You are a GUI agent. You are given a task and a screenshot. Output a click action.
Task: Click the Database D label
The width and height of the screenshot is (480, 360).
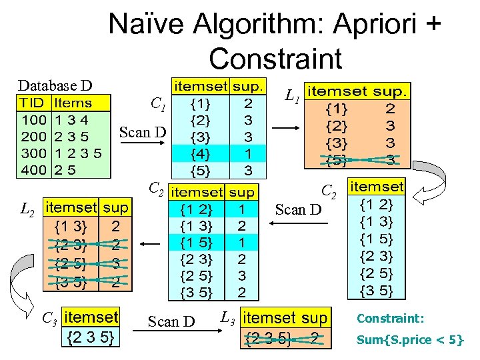55,85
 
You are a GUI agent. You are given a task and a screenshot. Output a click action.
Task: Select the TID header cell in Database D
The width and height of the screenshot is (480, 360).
32,103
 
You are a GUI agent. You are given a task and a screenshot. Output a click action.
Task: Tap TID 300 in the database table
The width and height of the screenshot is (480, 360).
33,153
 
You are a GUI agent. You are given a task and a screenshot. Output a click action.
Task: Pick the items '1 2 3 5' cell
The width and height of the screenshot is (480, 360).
78,153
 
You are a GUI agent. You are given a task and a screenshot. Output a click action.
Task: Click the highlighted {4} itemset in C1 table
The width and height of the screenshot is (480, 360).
199,153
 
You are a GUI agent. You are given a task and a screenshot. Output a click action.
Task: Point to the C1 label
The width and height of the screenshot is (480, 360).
158,104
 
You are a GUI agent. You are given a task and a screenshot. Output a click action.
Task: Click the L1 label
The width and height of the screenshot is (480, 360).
291,97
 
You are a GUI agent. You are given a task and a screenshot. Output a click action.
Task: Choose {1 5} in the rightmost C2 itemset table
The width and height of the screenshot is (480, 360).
376,239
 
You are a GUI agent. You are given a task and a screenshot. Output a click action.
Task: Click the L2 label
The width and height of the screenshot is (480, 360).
27,211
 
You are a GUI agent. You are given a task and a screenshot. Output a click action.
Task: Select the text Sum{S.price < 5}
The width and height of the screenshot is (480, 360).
410,339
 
